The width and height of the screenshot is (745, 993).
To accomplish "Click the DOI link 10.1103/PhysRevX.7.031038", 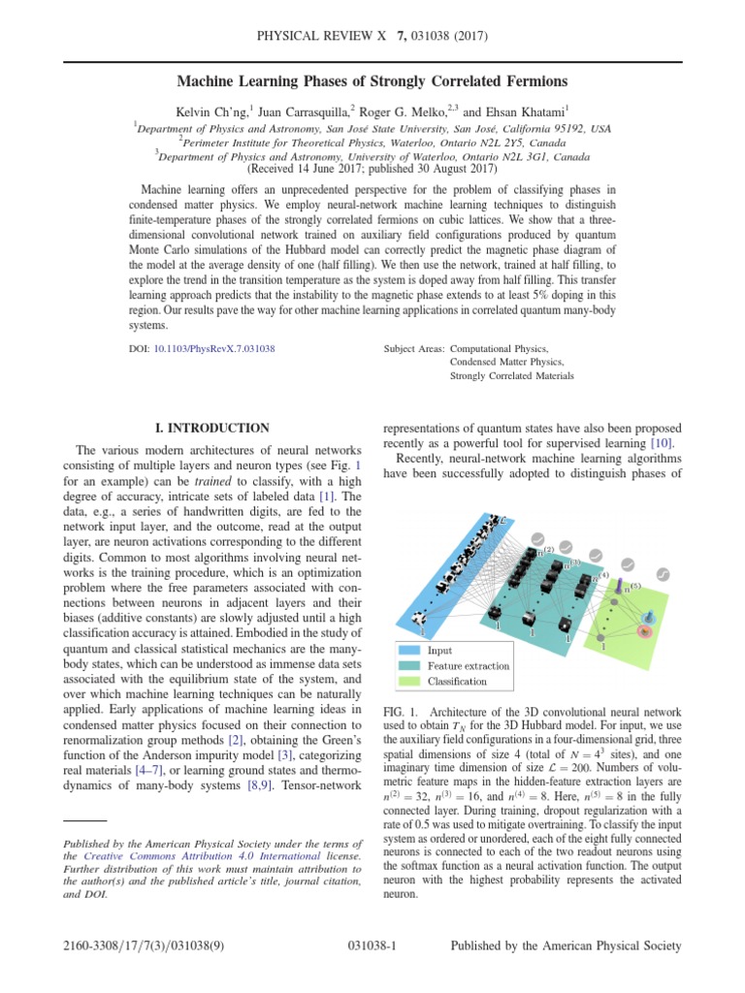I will click(214, 346).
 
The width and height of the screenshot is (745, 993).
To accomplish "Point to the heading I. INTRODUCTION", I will click(212, 428).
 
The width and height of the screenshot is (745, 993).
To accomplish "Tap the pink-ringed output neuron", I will click(643, 631).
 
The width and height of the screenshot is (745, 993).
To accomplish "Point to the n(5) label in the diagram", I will click(631, 586).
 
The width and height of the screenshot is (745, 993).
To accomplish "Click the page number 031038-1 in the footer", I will click(372, 946).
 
